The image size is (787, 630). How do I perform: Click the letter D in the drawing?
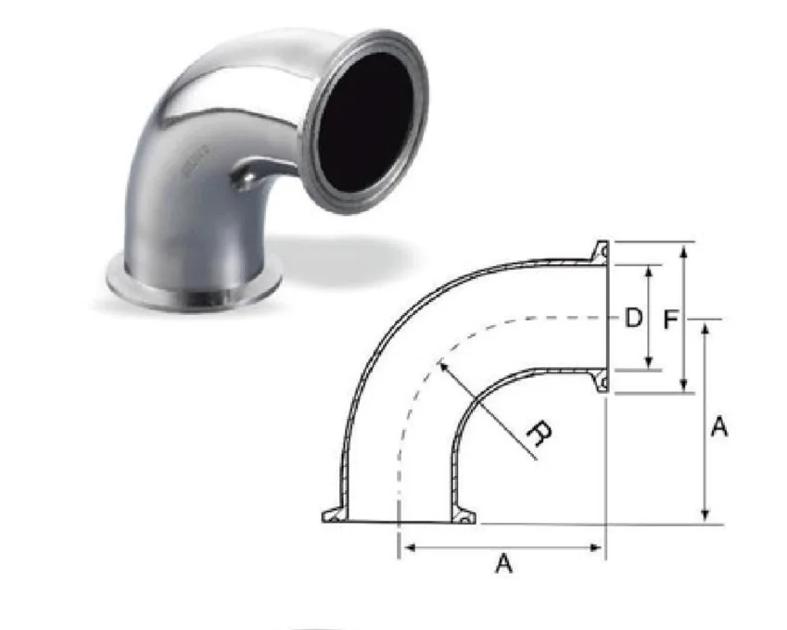click(x=633, y=318)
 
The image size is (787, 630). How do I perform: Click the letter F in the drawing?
click(x=671, y=320)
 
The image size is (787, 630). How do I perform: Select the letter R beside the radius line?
click(x=540, y=434)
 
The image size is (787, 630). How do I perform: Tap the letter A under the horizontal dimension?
click(x=504, y=562)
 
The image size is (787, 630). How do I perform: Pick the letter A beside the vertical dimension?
click(x=719, y=427)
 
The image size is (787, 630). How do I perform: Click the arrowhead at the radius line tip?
click(x=443, y=366)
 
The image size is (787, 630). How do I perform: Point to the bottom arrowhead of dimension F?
click(x=683, y=384)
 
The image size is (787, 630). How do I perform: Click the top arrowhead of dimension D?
click(x=649, y=271)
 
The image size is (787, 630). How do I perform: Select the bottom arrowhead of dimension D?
click(x=649, y=362)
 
